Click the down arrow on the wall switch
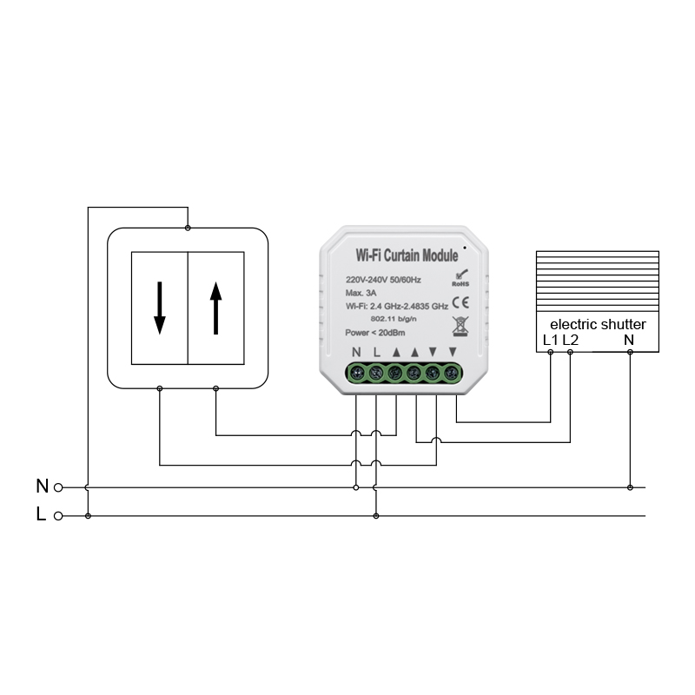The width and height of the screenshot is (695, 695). pyautogui.click(x=160, y=308)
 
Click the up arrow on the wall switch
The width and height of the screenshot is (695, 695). pyautogui.click(x=215, y=308)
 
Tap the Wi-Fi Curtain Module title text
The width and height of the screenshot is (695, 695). pyautogui.click(x=407, y=255)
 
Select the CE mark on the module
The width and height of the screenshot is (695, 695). pyautogui.click(x=460, y=303)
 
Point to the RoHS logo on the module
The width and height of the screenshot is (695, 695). pyautogui.click(x=460, y=278)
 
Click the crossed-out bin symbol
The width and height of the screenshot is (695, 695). pyautogui.click(x=460, y=327)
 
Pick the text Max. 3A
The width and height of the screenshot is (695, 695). pyautogui.click(x=361, y=293)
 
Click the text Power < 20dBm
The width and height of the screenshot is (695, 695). pyautogui.click(x=375, y=333)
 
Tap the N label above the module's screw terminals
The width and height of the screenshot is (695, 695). pyautogui.click(x=356, y=353)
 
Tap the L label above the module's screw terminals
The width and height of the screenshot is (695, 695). pyautogui.click(x=377, y=353)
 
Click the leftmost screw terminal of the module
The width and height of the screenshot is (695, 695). pyautogui.click(x=356, y=374)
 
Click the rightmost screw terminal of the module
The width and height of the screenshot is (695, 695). pyautogui.click(x=451, y=373)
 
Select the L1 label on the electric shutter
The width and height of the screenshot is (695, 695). pyautogui.click(x=550, y=340)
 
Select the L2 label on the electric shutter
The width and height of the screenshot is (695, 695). pyautogui.click(x=571, y=340)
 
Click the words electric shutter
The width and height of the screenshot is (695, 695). pyautogui.click(x=598, y=324)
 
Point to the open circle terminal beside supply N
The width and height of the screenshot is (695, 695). pyautogui.click(x=58, y=487)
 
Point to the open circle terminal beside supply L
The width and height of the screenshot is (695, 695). pyautogui.click(x=58, y=516)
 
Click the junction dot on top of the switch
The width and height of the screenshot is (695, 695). pyautogui.click(x=188, y=228)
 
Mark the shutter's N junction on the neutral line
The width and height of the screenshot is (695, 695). pyautogui.click(x=630, y=487)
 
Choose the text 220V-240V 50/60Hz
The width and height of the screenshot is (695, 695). pyautogui.click(x=383, y=280)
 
